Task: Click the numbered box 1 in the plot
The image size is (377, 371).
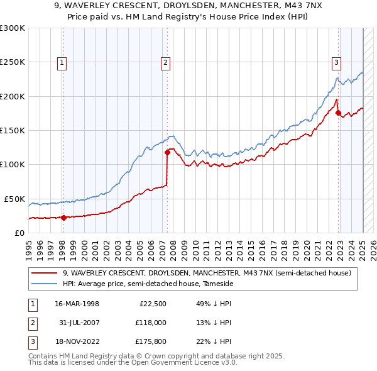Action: click(63, 62)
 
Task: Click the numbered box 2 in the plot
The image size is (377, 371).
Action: click(165, 62)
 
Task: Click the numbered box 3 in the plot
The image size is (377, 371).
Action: click(336, 62)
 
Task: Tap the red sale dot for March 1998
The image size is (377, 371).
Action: click(63, 218)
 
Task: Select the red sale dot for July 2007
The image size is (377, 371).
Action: click(168, 152)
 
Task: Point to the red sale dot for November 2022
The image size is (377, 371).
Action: click(339, 113)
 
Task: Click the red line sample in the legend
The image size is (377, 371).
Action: click(45, 273)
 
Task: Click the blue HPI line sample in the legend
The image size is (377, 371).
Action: click(45, 284)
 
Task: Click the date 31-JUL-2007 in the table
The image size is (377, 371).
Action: click(77, 323)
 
